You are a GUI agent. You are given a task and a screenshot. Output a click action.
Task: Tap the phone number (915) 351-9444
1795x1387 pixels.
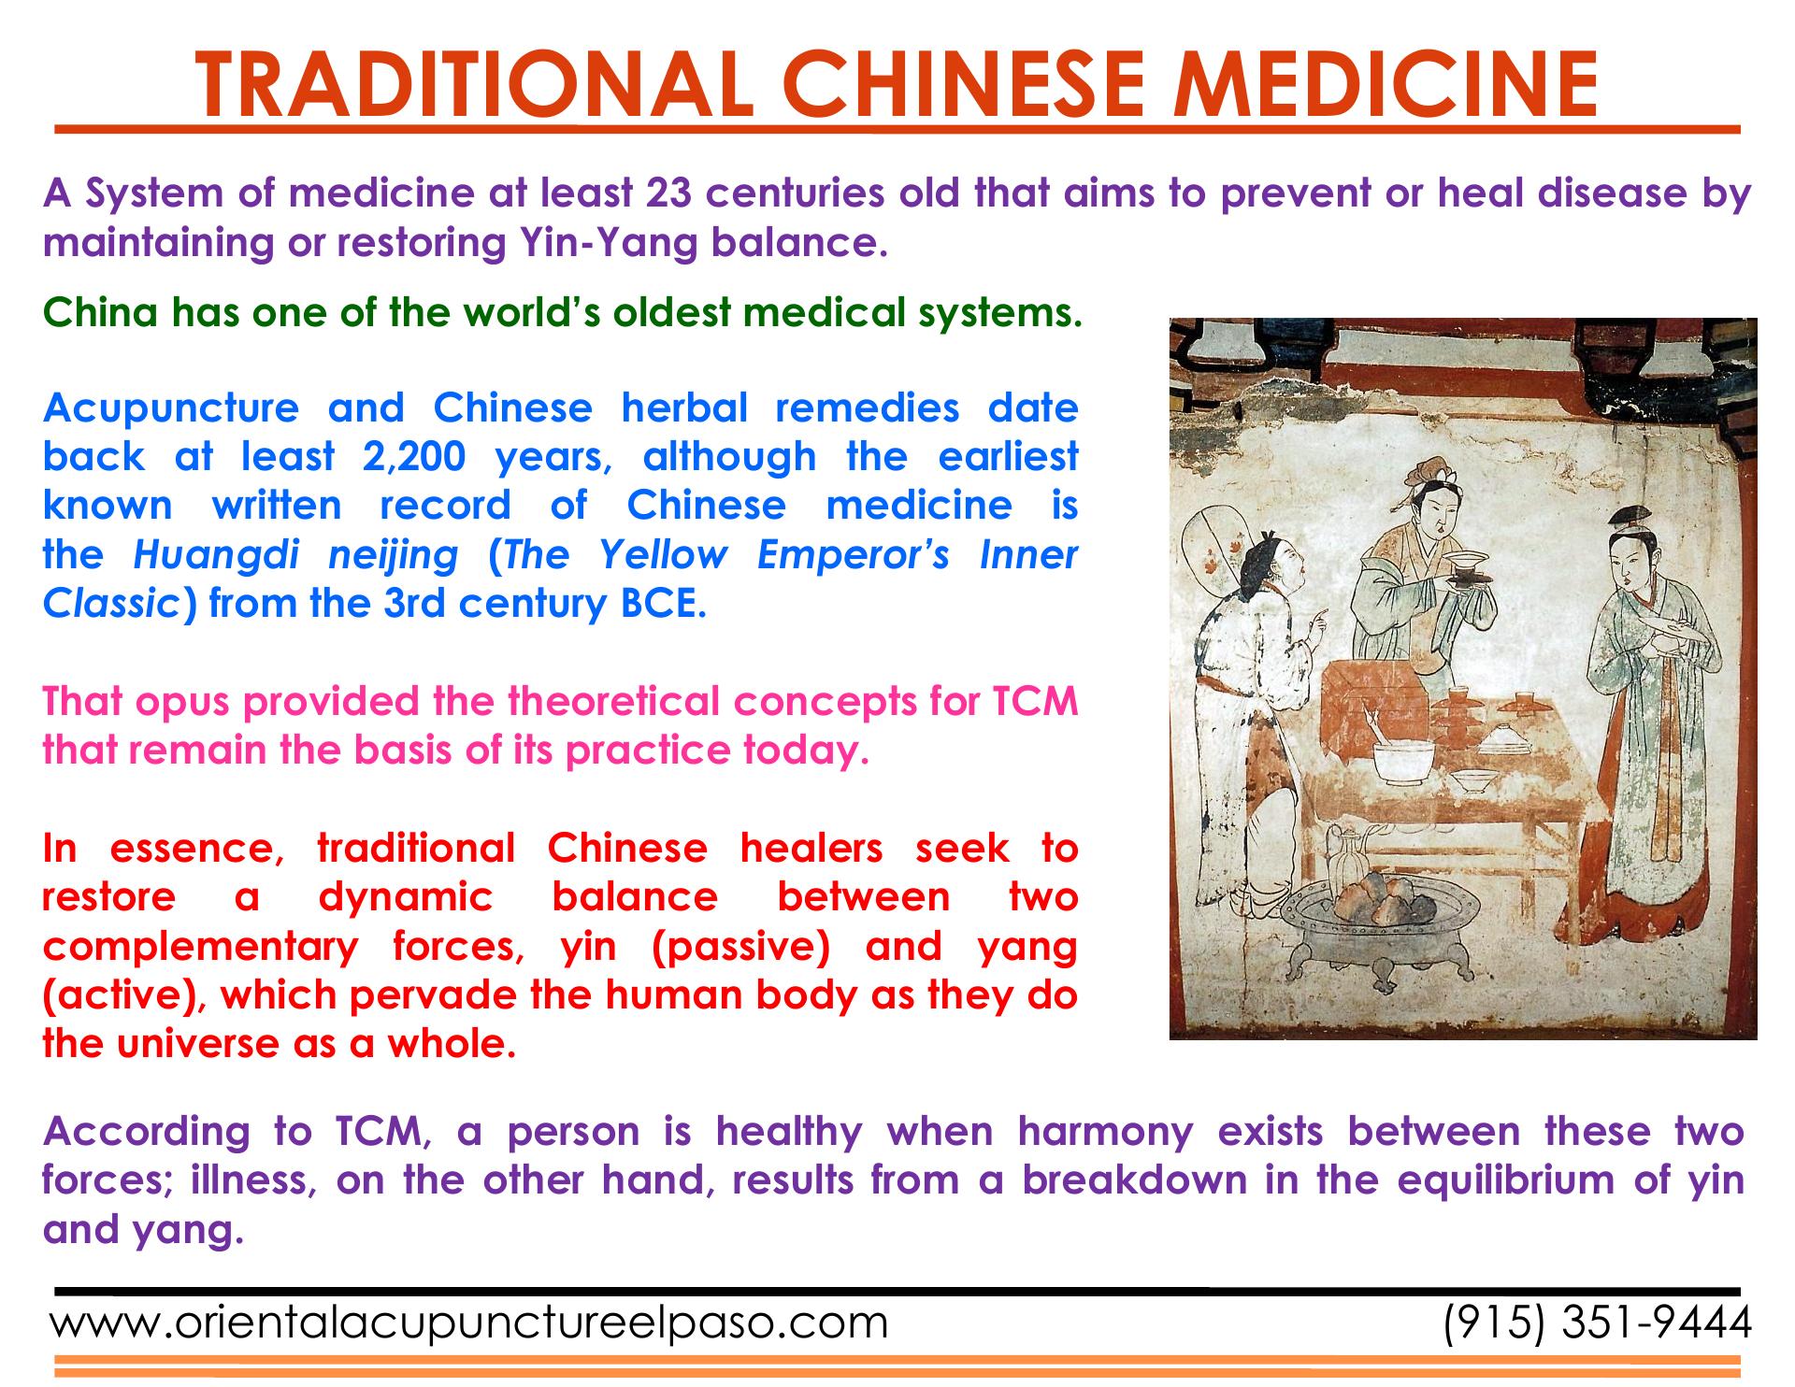(x=1596, y=1323)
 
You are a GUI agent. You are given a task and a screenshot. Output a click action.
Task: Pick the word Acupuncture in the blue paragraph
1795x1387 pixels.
(x=170, y=409)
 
